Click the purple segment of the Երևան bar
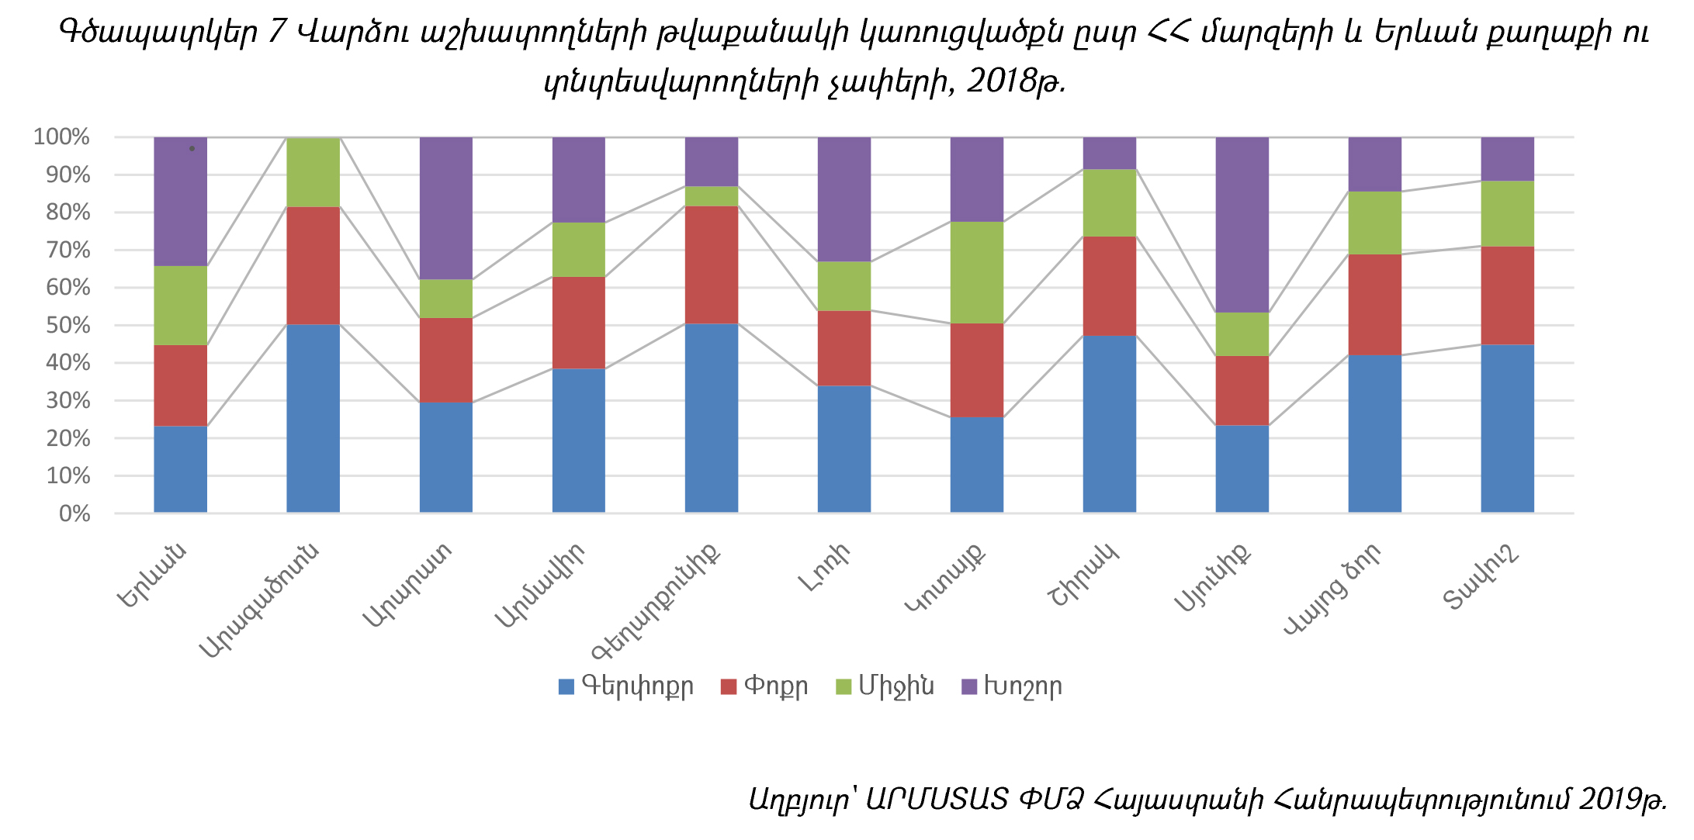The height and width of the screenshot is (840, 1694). (x=180, y=202)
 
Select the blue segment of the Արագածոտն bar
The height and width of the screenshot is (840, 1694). (x=313, y=418)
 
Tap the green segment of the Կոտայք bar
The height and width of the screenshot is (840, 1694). (x=976, y=272)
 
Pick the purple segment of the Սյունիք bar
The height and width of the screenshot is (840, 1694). (x=1242, y=225)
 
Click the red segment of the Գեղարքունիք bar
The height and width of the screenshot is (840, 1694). (x=711, y=264)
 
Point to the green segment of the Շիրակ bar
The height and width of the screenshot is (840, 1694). (x=1109, y=202)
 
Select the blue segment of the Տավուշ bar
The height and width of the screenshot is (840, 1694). (x=1507, y=428)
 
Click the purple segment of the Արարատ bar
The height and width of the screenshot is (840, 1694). (x=445, y=208)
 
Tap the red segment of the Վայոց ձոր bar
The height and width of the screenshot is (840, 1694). (x=1374, y=304)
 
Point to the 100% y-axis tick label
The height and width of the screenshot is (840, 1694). (x=62, y=137)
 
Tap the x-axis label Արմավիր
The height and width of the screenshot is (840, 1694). (x=541, y=586)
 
